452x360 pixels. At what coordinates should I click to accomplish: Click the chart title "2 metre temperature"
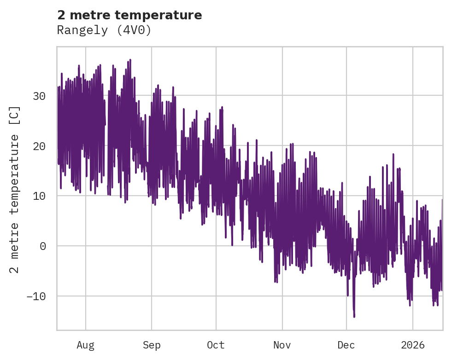point(129,15)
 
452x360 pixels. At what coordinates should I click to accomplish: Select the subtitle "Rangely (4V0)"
point(104,30)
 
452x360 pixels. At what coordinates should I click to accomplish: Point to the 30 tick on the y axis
point(39,96)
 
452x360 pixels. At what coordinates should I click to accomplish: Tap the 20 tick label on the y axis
point(39,146)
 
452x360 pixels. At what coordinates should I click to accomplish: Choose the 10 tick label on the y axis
point(39,196)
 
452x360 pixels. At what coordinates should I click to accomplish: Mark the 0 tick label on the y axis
point(42,246)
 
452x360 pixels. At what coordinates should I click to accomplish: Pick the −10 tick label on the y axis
point(36,296)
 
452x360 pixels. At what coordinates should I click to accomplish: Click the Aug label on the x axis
point(85,345)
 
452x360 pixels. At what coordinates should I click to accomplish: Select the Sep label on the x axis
point(151,345)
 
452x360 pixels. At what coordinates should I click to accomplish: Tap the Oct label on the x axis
point(216,345)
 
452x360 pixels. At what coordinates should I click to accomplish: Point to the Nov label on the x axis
point(282,345)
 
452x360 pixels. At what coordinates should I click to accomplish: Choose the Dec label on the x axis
point(346,345)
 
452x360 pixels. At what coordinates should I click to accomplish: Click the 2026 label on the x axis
point(412,345)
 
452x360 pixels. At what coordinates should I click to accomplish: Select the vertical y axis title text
point(15,189)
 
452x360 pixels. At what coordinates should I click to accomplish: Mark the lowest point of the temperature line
point(354,317)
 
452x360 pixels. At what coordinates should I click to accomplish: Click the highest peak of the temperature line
point(130,60)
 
